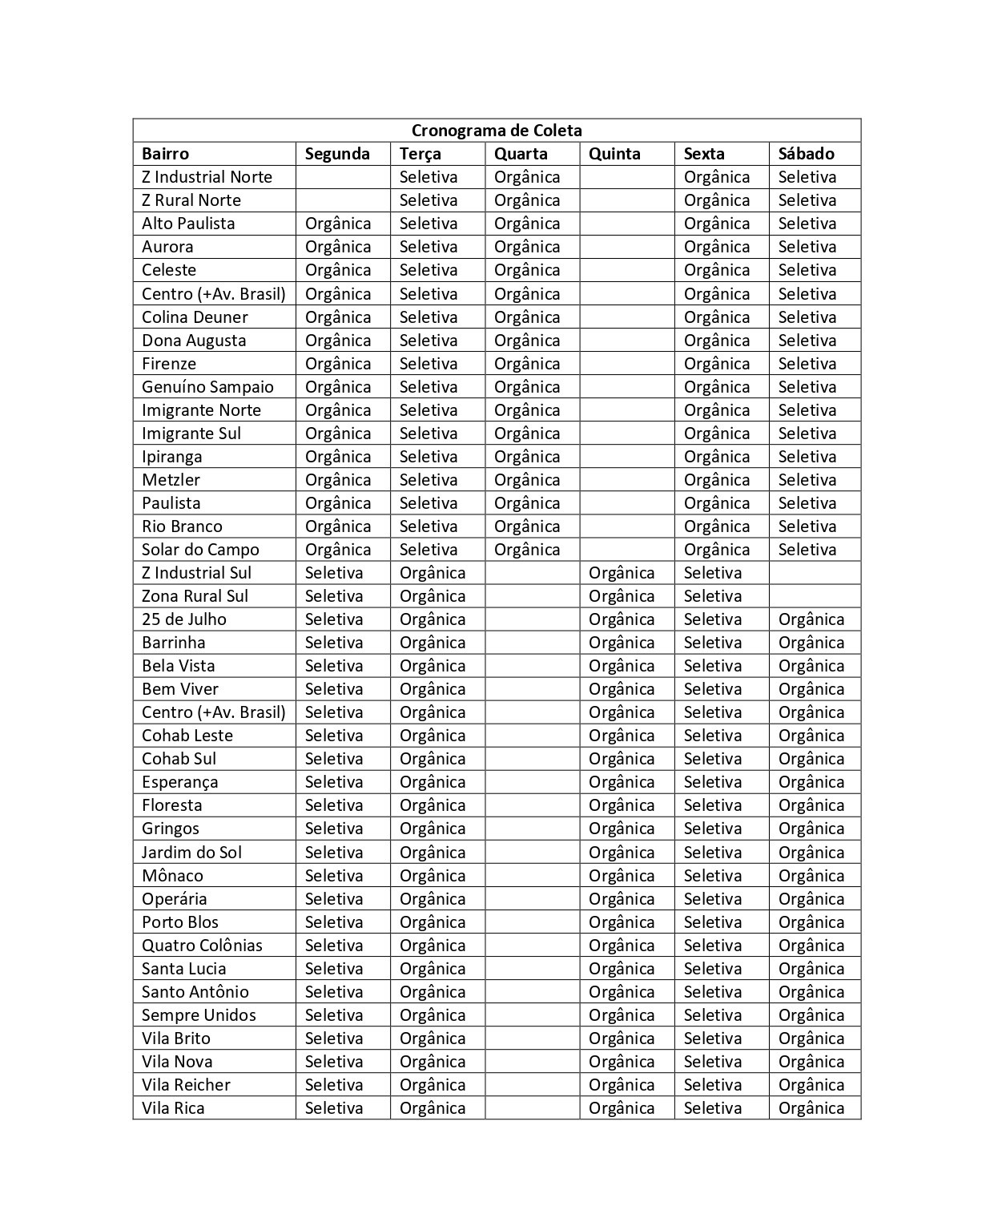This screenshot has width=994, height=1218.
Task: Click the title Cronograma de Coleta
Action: tap(497, 131)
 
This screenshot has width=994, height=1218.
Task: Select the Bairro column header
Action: tap(166, 154)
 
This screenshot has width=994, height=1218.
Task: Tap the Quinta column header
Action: tap(614, 154)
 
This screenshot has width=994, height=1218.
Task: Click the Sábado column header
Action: tap(806, 154)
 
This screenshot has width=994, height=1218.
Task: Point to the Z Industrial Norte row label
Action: tap(207, 177)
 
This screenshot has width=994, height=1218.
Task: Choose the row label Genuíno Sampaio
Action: tap(207, 387)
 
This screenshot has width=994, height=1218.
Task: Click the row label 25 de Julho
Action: tap(184, 619)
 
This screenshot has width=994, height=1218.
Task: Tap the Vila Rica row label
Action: tap(173, 1108)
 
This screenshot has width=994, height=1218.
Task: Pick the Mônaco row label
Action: tap(172, 876)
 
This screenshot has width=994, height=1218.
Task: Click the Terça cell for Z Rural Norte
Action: tap(429, 200)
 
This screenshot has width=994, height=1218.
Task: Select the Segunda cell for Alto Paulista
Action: tap(338, 224)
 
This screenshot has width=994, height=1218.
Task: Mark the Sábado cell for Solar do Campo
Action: tap(807, 550)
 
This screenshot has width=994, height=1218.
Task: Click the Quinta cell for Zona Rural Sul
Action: tap(622, 596)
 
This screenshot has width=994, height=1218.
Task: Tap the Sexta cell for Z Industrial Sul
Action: tap(713, 573)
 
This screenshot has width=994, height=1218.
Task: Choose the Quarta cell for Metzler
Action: tap(527, 480)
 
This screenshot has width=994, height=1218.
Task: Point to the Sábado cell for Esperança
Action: tap(811, 782)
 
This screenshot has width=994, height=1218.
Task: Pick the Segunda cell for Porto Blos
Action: tap(334, 922)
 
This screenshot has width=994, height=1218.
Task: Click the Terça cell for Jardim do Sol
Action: tap(433, 853)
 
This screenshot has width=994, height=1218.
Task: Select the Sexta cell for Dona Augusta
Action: tap(717, 341)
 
